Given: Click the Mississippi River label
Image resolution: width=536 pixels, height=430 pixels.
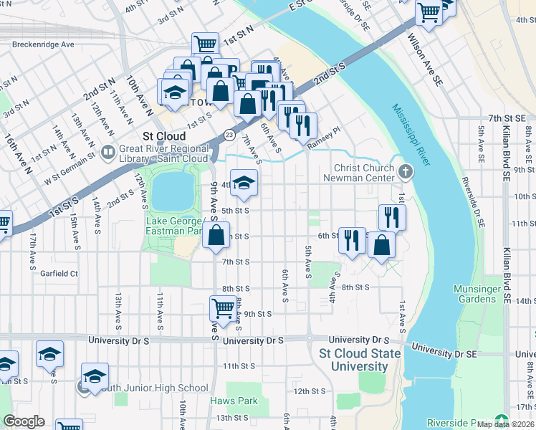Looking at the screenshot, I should [410, 135].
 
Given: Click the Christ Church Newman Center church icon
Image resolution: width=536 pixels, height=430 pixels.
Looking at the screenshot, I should [406, 171].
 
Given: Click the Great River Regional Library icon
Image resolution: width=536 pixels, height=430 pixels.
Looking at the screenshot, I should [107, 152].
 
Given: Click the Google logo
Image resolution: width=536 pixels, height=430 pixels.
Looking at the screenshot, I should [24, 421].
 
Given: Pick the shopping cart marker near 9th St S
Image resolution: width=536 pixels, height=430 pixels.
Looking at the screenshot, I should [223, 308].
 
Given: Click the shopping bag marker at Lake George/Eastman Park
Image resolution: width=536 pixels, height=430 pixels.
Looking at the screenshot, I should [216, 234].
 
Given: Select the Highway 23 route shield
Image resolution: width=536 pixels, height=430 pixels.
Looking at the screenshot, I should [229, 134].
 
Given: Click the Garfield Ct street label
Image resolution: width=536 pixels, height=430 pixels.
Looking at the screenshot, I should [59, 274].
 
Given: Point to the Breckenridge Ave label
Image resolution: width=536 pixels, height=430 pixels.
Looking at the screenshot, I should [43, 44].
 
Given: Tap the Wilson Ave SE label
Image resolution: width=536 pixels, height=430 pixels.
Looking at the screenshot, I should [426, 60].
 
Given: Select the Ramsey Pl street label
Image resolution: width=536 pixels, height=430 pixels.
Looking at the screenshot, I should [322, 143].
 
